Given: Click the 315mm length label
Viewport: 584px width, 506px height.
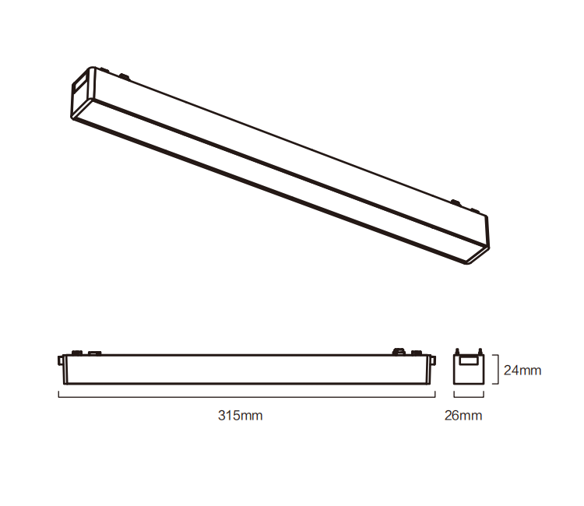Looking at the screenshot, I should pyautogui.click(x=240, y=415).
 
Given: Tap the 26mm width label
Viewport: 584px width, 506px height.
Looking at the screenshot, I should pyautogui.click(x=463, y=415).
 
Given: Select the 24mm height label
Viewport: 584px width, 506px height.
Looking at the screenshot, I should pyautogui.click(x=522, y=370).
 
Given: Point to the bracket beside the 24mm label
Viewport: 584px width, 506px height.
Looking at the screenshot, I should pyautogui.click(x=495, y=370).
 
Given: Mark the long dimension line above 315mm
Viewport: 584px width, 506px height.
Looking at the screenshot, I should pyautogui.click(x=246, y=396).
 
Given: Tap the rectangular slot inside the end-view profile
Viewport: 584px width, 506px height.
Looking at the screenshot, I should pyautogui.click(x=468, y=360).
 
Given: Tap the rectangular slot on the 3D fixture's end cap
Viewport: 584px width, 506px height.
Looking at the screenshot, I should pyautogui.click(x=79, y=84).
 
